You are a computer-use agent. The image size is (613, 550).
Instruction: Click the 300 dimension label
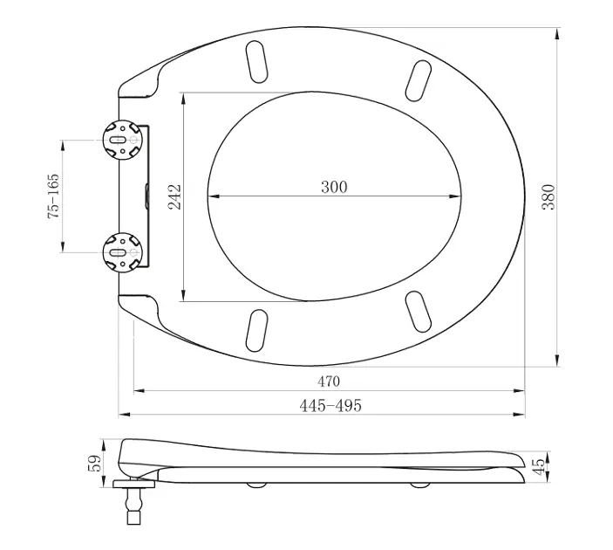(334, 187)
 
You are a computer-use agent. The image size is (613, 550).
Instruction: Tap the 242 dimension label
(174, 197)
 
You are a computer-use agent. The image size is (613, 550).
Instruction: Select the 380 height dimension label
(548, 197)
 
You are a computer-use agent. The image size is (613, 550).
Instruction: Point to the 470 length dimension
(329, 381)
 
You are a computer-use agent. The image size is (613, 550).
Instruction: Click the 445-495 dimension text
(330, 406)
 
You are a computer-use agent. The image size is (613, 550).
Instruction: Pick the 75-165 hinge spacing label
(53, 196)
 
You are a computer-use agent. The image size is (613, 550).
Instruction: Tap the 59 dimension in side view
(94, 463)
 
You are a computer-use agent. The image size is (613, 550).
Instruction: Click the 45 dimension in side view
(539, 466)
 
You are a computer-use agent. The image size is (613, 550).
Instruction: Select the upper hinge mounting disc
(122, 140)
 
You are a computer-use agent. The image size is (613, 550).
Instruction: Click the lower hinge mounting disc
(122, 252)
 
